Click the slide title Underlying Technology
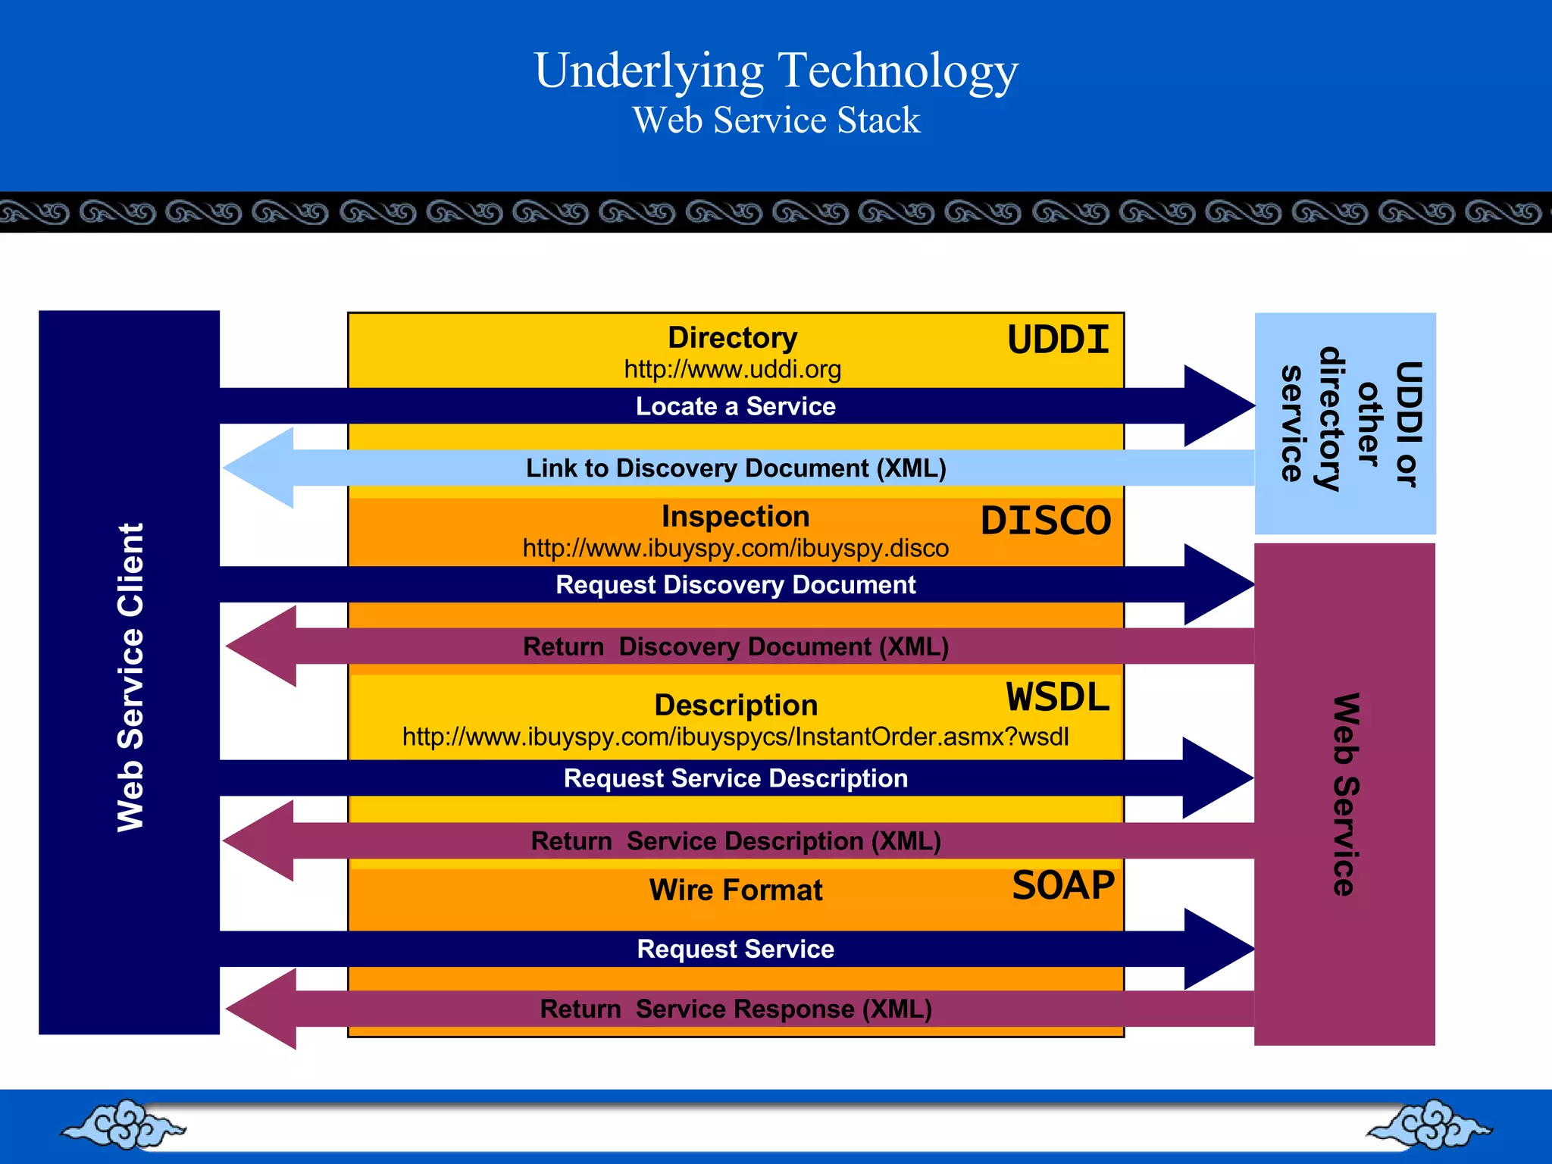pos(776,70)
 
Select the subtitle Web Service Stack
pos(776,120)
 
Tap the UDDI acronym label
pos(1058,339)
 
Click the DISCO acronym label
pos(1045,521)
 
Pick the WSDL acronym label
pos(1057,696)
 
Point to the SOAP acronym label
pos(1063,885)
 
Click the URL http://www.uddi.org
pos(732,369)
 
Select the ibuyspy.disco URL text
pos(735,548)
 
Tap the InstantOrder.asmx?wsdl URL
pos(735,737)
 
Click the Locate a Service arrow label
pos(735,406)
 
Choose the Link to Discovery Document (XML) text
pos(735,468)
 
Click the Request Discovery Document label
pos(735,585)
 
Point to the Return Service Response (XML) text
pos(735,1009)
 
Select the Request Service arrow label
pos(735,949)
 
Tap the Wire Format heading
pos(735,890)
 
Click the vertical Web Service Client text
pos(130,677)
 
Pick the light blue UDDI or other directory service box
pos(1345,423)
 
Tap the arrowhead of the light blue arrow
pos(261,468)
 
